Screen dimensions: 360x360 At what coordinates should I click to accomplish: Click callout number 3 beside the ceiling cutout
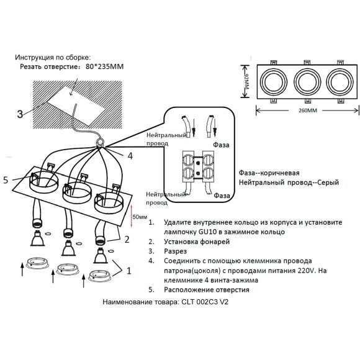click(20, 114)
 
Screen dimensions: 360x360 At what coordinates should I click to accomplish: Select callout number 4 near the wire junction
click(129, 156)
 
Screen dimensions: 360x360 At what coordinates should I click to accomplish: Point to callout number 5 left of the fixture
click(6, 181)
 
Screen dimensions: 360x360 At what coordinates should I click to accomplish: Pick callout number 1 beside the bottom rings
click(128, 270)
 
